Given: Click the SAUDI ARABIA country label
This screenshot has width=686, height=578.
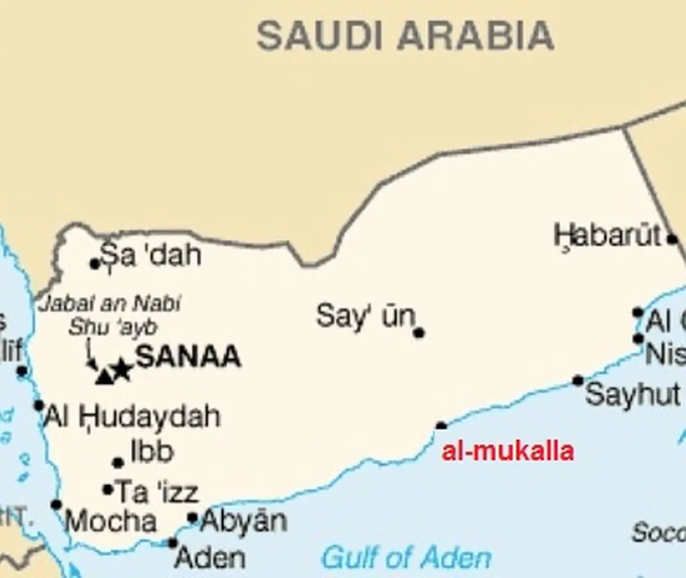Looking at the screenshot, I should pyautogui.click(x=405, y=35).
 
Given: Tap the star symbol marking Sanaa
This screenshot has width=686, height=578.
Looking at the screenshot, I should pyautogui.click(x=121, y=371).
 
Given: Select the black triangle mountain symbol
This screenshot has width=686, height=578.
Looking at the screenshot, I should pyautogui.click(x=104, y=376).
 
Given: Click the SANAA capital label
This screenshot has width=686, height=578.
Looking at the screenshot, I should pyautogui.click(x=188, y=357).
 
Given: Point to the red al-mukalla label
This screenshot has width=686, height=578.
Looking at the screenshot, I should pyautogui.click(x=508, y=451).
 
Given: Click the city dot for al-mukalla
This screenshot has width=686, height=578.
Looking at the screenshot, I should pyautogui.click(x=441, y=426).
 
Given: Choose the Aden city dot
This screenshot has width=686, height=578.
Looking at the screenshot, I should pyautogui.click(x=173, y=543).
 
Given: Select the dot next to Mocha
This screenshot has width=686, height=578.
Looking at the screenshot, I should pyautogui.click(x=56, y=505).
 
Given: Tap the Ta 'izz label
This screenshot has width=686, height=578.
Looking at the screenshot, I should pyautogui.click(x=157, y=492).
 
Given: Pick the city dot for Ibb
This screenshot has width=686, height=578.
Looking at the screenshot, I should pyautogui.click(x=118, y=463).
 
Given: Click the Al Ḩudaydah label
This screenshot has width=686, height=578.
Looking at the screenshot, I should pyautogui.click(x=132, y=416).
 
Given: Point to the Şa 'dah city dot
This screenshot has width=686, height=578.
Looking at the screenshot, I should pyautogui.click(x=95, y=263).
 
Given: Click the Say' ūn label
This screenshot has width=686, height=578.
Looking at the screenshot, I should pyautogui.click(x=365, y=316).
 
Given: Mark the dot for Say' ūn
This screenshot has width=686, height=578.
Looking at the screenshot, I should pyautogui.click(x=419, y=332).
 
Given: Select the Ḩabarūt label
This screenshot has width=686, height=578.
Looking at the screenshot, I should pyautogui.click(x=608, y=236).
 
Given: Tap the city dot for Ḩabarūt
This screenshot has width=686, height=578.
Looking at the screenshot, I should pyautogui.click(x=673, y=239).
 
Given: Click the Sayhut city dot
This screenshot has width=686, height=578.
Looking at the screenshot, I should pyautogui.click(x=578, y=381).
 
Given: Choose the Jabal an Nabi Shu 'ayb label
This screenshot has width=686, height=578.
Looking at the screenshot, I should pyautogui.click(x=110, y=315).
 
